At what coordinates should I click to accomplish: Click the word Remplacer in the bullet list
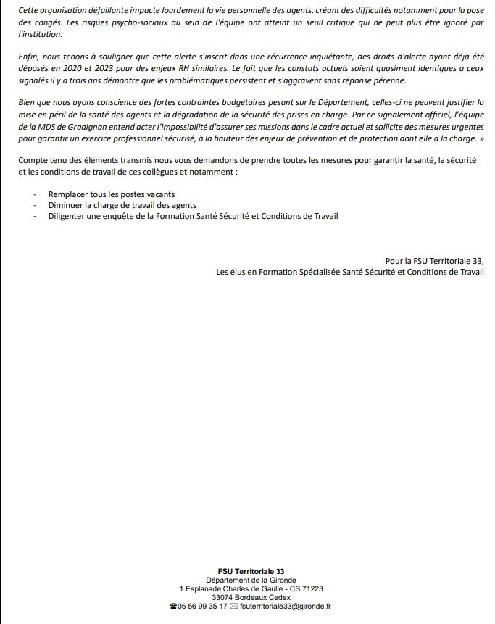(70, 194)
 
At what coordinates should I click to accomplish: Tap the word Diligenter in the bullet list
(69, 216)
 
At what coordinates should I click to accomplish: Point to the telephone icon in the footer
(172, 607)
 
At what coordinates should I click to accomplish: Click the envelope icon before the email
(233, 607)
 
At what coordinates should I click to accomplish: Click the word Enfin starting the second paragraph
(29, 58)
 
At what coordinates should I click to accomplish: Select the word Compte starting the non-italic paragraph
(34, 159)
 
